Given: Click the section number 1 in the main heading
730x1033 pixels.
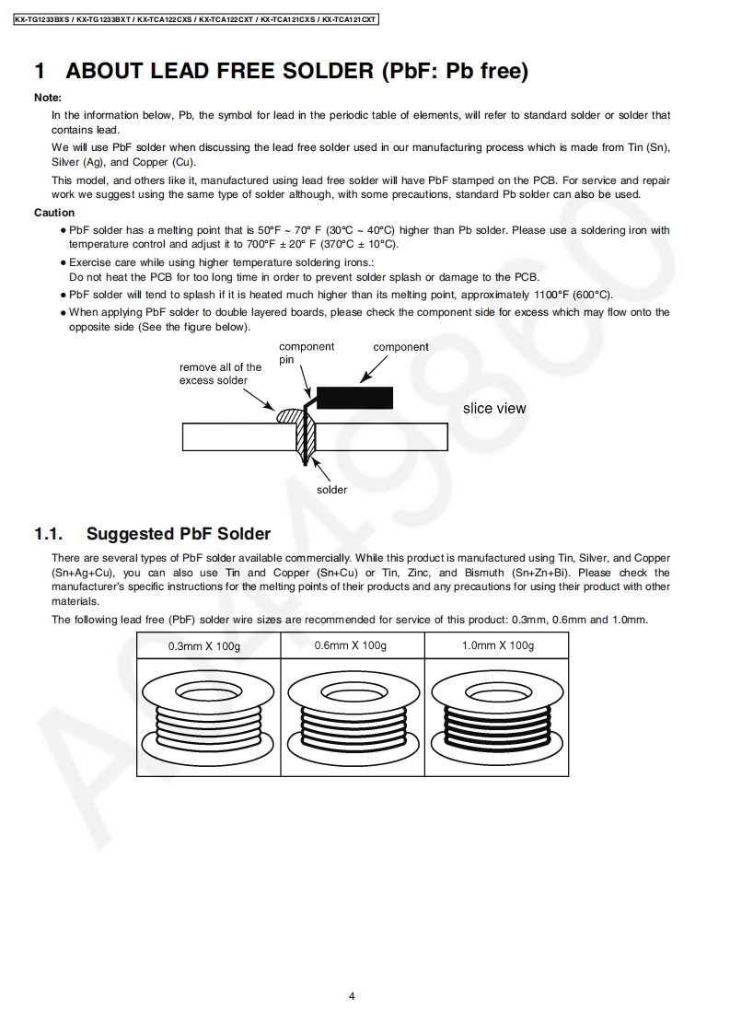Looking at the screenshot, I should click(x=40, y=71).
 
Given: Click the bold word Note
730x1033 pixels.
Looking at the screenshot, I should click(x=48, y=98).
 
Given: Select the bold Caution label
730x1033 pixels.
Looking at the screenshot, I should click(x=54, y=213).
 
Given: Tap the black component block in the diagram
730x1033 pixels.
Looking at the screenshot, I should click(x=354, y=398).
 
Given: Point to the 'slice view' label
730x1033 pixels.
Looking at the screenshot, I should click(x=494, y=409).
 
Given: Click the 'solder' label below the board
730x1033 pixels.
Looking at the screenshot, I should click(x=331, y=490).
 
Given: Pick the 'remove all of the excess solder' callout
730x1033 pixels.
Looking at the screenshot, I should click(x=220, y=374).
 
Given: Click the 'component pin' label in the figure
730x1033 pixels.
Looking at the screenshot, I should click(x=306, y=353).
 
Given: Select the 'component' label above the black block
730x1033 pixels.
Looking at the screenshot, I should click(x=400, y=347).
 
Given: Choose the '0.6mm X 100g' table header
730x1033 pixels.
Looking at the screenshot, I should click(x=352, y=646).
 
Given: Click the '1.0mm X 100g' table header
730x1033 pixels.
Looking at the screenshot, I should click(x=497, y=646).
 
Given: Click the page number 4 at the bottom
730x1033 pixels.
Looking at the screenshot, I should click(x=352, y=995).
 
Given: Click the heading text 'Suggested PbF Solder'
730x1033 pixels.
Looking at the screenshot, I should click(x=179, y=534).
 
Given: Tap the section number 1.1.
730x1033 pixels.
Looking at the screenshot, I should click(x=48, y=534).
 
